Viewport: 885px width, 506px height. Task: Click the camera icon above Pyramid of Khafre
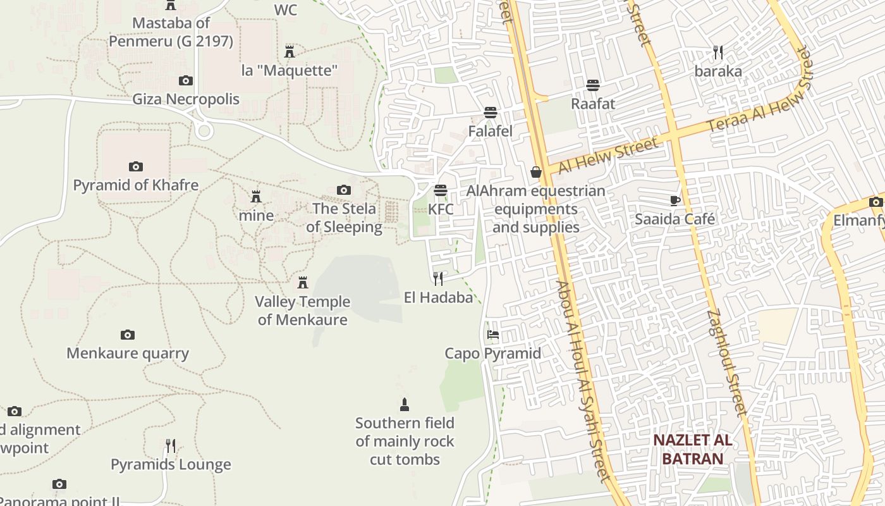pos(135,167)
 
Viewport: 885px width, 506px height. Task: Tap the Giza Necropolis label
pos(186,99)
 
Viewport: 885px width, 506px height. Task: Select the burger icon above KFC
pos(441,190)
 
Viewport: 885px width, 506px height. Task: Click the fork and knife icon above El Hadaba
pos(438,278)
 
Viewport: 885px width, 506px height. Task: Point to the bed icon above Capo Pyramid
pos(493,335)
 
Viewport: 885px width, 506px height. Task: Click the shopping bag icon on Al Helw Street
pos(536,172)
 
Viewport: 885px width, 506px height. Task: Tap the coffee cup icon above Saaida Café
pos(674,201)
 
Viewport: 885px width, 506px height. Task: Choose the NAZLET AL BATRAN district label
pos(692,449)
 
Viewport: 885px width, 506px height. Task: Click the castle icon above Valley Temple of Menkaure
pos(303,282)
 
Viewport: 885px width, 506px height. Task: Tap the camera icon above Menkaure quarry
pos(128,335)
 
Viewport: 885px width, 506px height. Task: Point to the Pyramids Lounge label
pos(171,465)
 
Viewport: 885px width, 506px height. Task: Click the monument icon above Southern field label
pos(405,404)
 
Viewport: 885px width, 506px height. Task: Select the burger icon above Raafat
pos(593,85)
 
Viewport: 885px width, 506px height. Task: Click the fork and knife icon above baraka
pos(717,52)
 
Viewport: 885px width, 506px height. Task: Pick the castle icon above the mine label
pos(256,197)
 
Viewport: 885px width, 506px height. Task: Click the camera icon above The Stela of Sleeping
pos(344,190)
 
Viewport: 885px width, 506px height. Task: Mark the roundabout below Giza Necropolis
pos(204,131)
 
